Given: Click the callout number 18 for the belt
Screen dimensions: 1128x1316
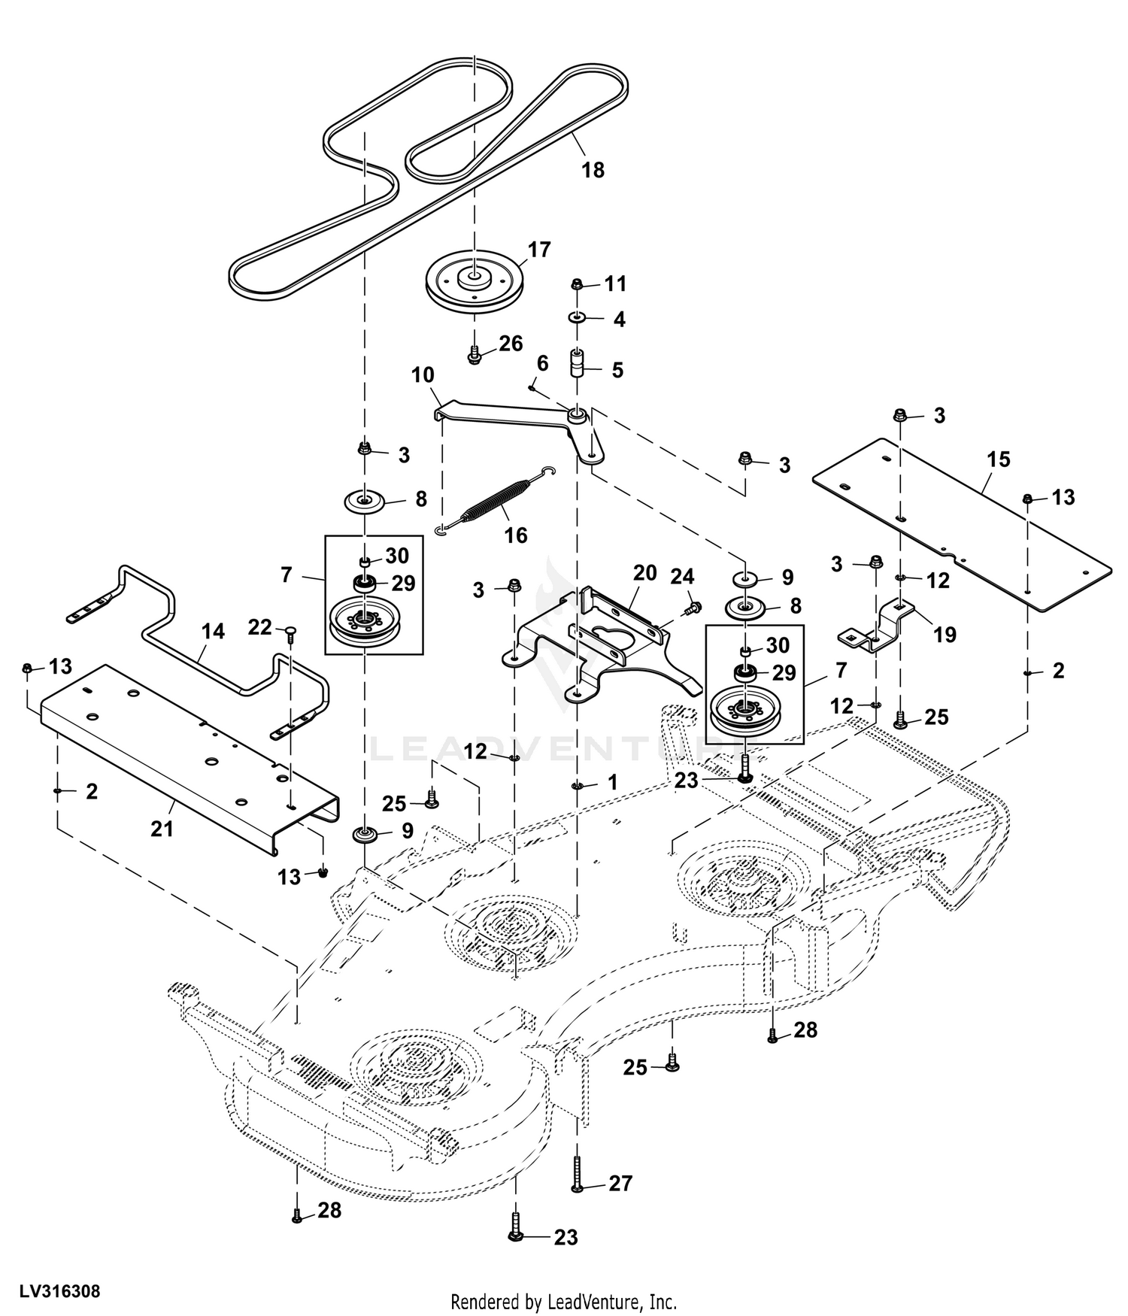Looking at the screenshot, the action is (593, 170).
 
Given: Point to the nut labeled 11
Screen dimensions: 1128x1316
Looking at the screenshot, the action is (577, 284).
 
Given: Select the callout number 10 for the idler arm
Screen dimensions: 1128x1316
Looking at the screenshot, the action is (423, 374).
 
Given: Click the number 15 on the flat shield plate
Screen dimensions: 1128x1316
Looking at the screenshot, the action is (999, 459).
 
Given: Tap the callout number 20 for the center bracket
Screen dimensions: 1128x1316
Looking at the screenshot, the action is (645, 573).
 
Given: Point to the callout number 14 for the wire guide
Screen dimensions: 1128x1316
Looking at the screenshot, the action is (214, 631).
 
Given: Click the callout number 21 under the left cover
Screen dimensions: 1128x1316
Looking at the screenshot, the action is (162, 829).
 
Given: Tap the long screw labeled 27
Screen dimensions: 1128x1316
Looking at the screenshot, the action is (577, 1172).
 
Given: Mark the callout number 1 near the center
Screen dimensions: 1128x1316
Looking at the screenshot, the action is (613, 782).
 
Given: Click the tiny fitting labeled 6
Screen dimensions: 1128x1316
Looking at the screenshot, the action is (532, 388).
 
